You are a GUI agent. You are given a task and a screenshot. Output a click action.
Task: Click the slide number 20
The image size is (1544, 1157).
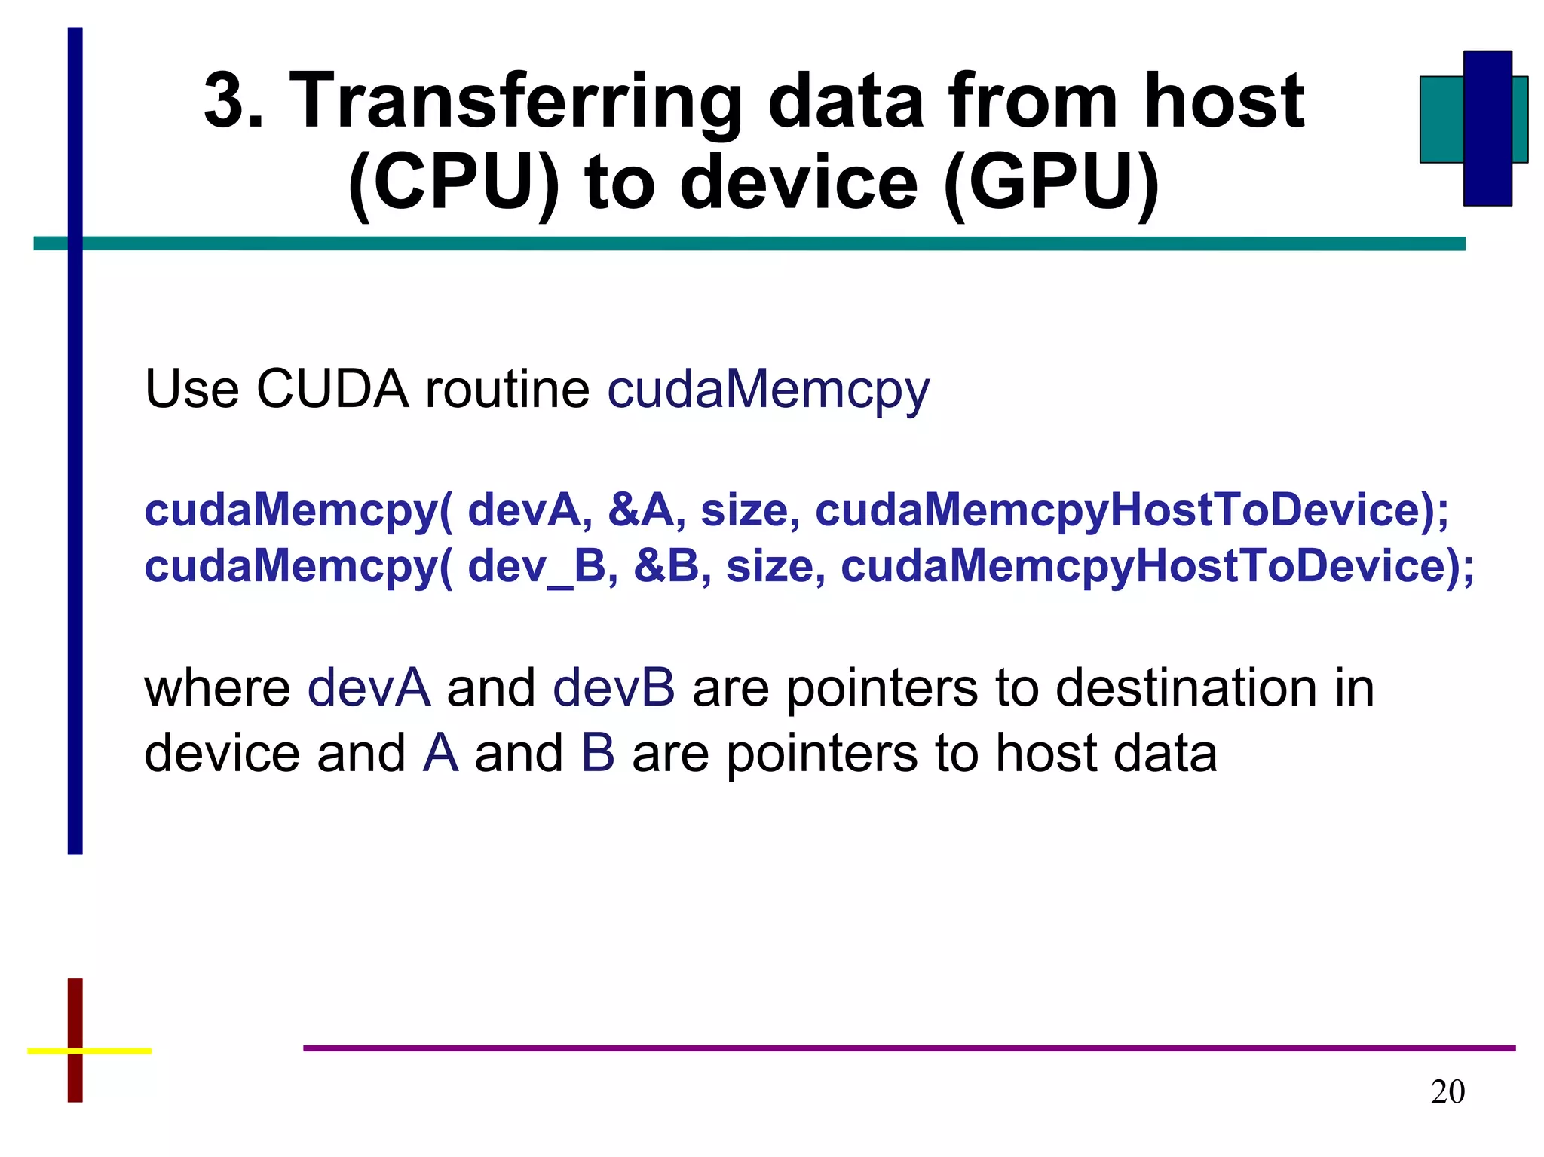click(1447, 1092)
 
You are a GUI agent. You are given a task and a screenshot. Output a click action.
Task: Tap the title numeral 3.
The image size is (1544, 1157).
click(230, 102)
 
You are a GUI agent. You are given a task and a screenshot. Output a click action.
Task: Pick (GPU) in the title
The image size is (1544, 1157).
click(1051, 183)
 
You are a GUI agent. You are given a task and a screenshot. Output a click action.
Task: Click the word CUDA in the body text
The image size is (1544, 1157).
click(332, 390)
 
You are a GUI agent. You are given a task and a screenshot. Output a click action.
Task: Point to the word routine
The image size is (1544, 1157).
click(507, 390)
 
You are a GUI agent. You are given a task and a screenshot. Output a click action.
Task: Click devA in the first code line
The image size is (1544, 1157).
click(525, 510)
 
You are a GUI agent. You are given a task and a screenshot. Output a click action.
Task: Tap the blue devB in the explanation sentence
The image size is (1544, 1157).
click(614, 688)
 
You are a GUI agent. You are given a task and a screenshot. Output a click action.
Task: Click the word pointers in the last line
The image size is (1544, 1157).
click(822, 753)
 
